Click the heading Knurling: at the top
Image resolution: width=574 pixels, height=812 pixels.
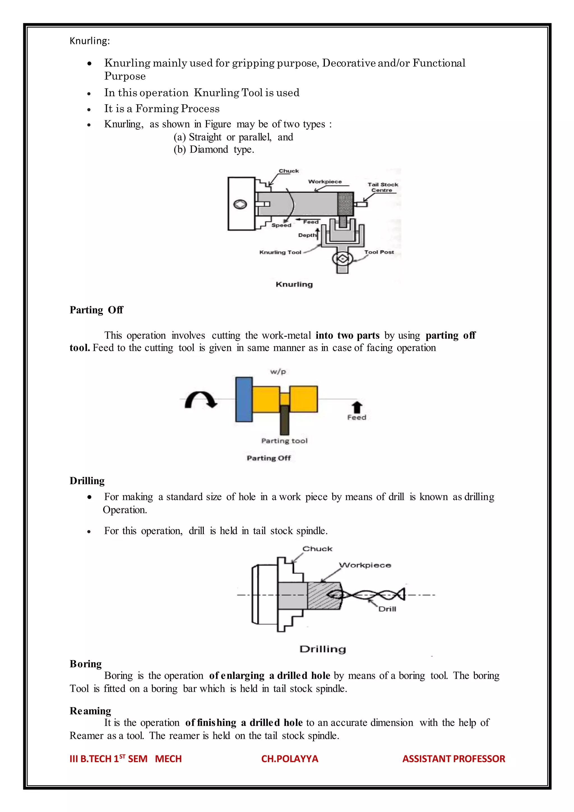90,41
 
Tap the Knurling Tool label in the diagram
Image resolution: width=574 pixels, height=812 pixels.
280,252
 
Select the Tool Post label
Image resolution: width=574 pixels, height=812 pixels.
379,252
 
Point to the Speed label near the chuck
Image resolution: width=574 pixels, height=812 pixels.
281,225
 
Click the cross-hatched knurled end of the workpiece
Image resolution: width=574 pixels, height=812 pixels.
345,204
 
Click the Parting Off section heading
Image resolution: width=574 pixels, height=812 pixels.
96,310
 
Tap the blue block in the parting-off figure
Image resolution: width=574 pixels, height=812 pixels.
244,399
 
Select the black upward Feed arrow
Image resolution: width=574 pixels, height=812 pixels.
357,407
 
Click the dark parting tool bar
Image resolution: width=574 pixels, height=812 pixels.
284,420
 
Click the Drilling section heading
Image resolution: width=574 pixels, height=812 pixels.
87,481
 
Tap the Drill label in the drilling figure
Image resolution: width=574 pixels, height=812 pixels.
387,609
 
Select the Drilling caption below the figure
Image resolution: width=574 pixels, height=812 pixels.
322,649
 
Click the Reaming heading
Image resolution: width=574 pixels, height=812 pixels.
90,711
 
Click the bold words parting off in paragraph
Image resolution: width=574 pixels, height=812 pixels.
450,335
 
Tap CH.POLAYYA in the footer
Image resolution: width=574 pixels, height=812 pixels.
290,759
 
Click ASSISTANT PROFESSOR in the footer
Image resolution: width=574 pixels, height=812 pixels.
453,759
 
